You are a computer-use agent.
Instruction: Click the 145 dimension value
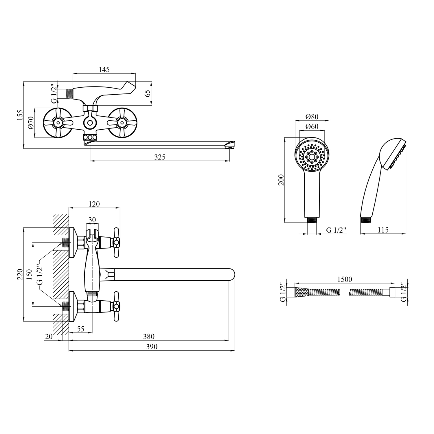[x=104, y=69]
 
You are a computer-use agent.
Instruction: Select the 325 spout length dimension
[x=160, y=157]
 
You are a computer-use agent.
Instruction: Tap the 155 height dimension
[x=20, y=115]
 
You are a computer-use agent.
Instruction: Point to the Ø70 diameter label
[x=31, y=124]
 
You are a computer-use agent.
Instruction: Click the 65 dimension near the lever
[x=148, y=93]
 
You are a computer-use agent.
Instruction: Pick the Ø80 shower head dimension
[x=312, y=117]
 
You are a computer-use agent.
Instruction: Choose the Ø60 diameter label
[x=312, y=126]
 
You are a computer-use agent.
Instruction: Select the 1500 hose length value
[x=345, y=279]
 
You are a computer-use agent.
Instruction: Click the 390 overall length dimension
[x=152, y=347]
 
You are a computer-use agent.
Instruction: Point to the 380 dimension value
[x=149, y=336]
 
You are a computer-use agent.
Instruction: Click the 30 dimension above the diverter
[x=92, y=220]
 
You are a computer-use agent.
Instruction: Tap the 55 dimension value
[x=80, y=329]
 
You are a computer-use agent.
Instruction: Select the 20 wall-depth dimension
[x=49, y=336]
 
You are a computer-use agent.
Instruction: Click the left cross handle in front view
[x=58, y=123]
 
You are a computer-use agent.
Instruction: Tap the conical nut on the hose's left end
[x=301, y=292]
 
